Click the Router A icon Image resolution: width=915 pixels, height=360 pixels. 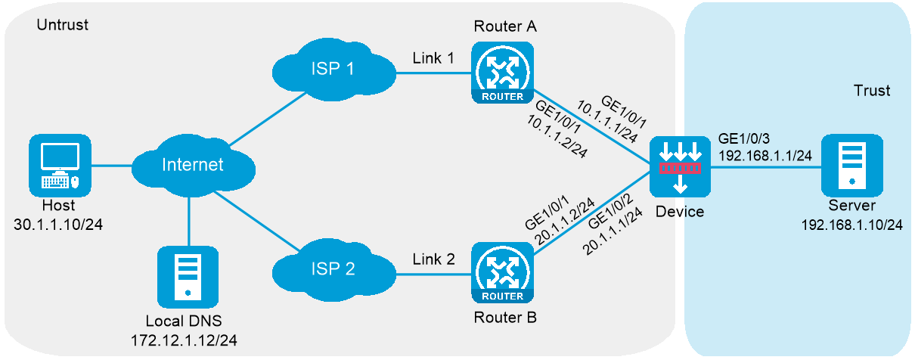coord(500,73)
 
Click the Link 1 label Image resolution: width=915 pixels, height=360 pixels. coord(433,57)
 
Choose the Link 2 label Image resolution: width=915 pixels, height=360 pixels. coord(433,259)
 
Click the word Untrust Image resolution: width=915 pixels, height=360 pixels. coord(63,25)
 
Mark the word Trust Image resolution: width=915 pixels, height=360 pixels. coord(871,91)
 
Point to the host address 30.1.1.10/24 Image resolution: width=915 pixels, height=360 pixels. coord(58,225)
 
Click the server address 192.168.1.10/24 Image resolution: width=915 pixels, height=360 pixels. coord(851,225)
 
